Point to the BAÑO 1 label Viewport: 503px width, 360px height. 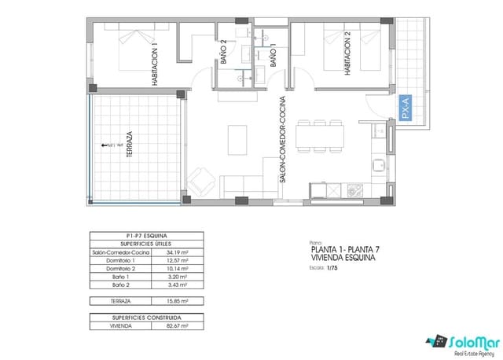tap(273, 55)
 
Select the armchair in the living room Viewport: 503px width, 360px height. tap(200, 183)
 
